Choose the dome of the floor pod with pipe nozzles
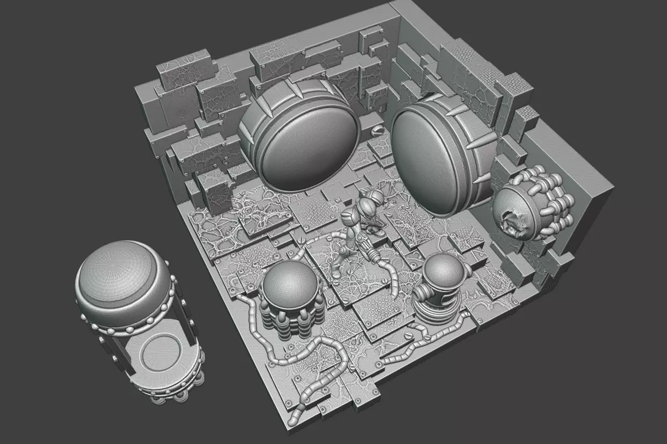coord(444,267)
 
